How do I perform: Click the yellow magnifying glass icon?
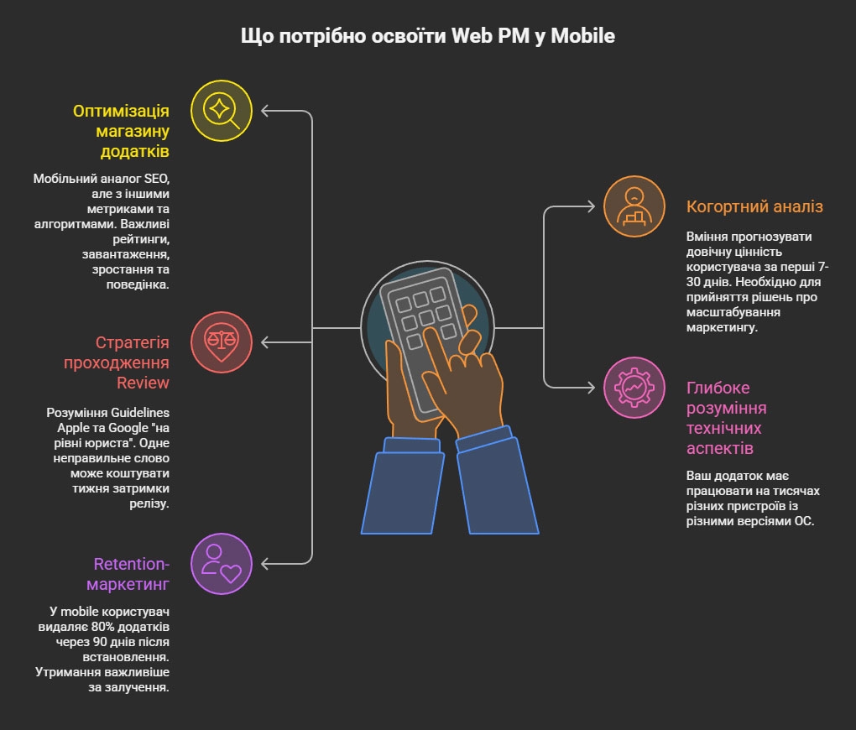point(222,110)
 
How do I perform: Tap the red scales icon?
point(222,342)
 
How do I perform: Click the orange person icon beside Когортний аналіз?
point(634,206)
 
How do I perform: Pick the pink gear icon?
point(634,387)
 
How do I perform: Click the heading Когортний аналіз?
point(754,206)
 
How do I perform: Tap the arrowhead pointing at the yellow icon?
point(265,110)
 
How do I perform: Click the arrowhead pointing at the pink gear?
point(592,387)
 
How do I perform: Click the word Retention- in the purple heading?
point(132,563)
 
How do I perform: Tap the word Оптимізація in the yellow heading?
point(121,111)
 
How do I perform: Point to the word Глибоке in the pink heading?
point(718,388)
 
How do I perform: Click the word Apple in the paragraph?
point(64,427)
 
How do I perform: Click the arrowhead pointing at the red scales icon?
point(265,342)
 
